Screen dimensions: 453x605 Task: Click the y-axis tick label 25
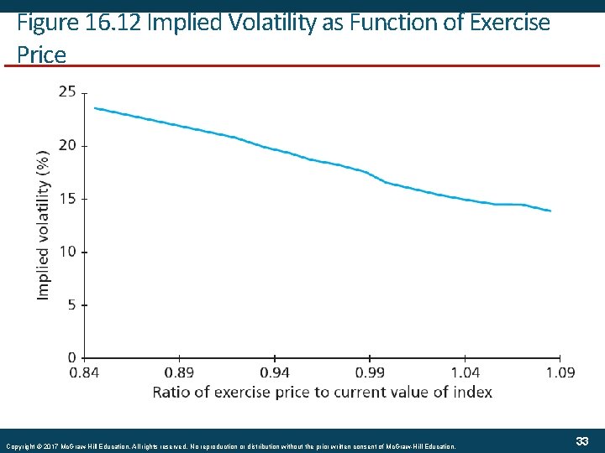coord(66,91)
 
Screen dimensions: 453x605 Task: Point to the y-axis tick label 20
coord(66,145)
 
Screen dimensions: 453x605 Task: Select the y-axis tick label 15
coord(66,199)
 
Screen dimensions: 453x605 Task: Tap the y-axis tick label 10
coord(66,252)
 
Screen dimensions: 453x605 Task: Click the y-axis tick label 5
coord(71,305)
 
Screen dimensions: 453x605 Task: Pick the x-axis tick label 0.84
coord(84,372)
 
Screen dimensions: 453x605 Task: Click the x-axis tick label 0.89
coord(179,372)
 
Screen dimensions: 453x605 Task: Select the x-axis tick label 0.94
coord(275,372)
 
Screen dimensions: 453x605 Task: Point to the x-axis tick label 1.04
coord(466,372)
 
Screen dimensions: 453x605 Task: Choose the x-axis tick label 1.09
coord(560,372)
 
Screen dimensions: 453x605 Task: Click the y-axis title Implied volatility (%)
coord(43,224)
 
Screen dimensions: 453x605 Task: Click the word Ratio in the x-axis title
coord(171,392)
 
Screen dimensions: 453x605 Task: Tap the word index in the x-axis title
coord(471,392)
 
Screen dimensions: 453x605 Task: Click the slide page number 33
coord(581,441)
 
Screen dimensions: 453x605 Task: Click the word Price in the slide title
coord(41,55)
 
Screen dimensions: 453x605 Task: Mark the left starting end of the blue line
coord(94,107)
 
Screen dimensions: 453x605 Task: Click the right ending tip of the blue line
coord(550,211)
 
